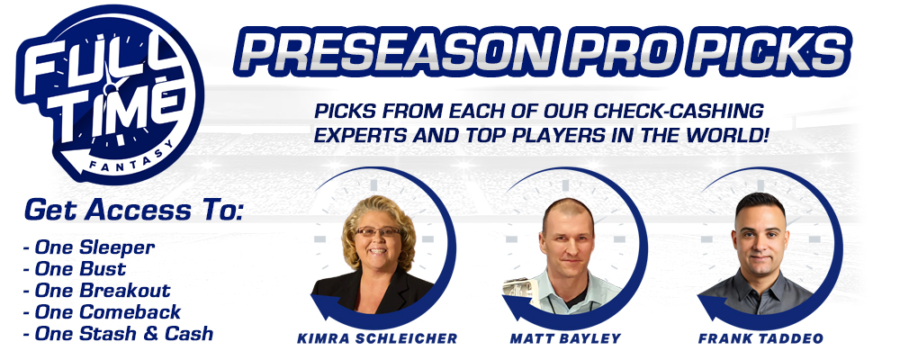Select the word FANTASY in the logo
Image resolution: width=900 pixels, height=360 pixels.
coord(130,158)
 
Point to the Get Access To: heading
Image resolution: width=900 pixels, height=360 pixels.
coord(134,210)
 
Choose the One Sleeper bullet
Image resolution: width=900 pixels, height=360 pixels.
coord(89,248)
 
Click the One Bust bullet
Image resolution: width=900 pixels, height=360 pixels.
coord(75,269)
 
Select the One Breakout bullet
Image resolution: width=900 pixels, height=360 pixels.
coord(97,291)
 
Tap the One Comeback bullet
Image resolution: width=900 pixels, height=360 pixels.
coord(103,312)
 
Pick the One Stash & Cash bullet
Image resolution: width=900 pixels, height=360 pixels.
coord(118,334)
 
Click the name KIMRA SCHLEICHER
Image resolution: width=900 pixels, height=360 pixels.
coord(377,338)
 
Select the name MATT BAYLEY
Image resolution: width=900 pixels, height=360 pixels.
coord(565,338)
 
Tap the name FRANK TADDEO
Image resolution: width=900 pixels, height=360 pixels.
coord(760,338)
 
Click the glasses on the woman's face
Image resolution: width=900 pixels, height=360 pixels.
coord(377,231)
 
